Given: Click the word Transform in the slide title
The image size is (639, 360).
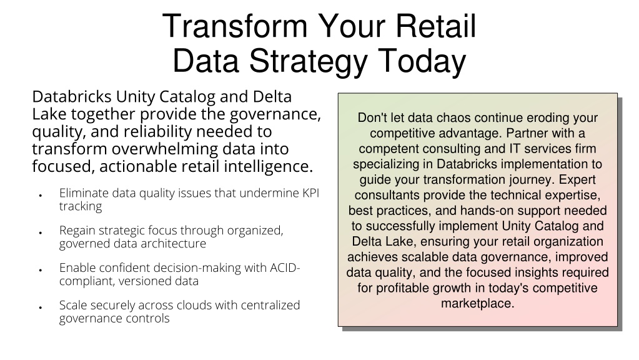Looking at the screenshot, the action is point(235,26).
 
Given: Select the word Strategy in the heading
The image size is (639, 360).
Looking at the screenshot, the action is point(309,61).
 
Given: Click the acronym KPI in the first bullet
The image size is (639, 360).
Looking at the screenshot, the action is point(310,193).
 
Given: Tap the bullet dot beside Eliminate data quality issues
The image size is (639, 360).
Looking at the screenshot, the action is point(41,196).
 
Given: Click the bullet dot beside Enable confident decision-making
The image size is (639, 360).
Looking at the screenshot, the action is point(41,270).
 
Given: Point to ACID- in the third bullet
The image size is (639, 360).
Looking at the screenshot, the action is point(285,268).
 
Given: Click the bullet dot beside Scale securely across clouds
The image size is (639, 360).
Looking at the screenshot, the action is point(41,308).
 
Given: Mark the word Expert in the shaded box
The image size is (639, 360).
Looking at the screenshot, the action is point(577,180).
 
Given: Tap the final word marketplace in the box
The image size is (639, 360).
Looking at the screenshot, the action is point(477,304).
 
